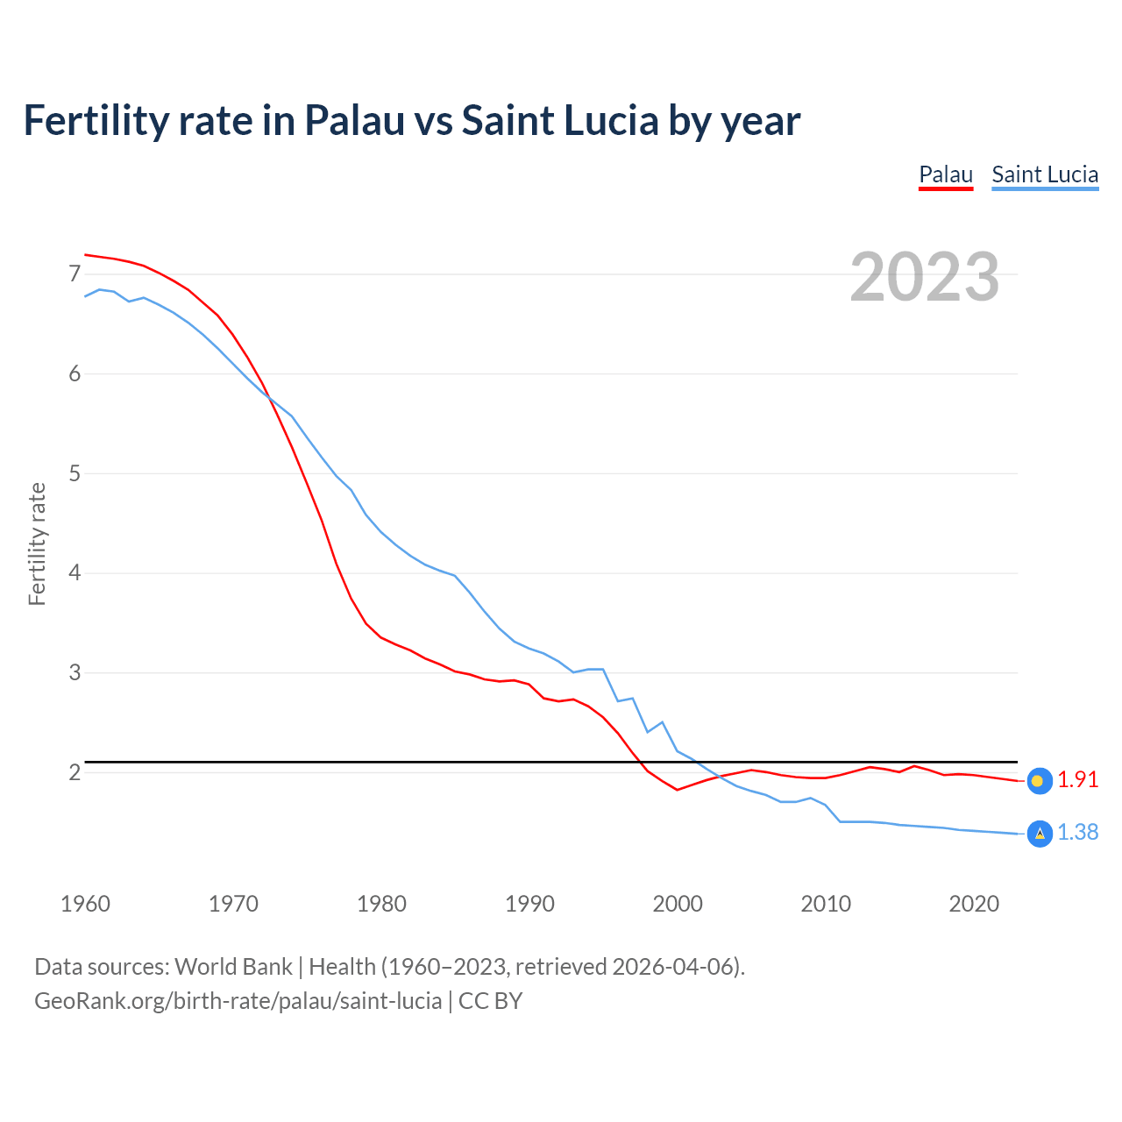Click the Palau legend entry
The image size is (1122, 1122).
tap(945, 174)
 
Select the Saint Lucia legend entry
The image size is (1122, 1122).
tap(1044, 174)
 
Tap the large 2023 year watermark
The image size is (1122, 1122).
tap(925, 277)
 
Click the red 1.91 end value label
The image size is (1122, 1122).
tap(1077, 779)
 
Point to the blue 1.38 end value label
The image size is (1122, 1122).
tap(1077, 832)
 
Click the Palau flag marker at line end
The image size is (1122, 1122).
tap(1039, 781)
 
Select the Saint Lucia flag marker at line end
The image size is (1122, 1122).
tap(1039, 834)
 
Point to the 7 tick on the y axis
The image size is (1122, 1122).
tap(75, 274)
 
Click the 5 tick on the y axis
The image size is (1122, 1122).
tap(75, 473)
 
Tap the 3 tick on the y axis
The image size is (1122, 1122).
tap(75, 672)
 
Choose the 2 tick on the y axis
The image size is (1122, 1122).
tap(75, 772)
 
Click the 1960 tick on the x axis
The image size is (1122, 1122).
tap(85, 904)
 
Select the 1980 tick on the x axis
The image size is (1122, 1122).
tap(381, 904)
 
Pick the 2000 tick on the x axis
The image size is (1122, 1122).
tap(678, 904)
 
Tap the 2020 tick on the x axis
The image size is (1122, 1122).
tap(974, 904)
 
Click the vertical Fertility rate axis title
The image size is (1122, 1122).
tap(37, 543)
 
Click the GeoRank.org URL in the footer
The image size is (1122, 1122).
tap(238, 1001)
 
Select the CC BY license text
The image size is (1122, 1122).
tap(490, 1001)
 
